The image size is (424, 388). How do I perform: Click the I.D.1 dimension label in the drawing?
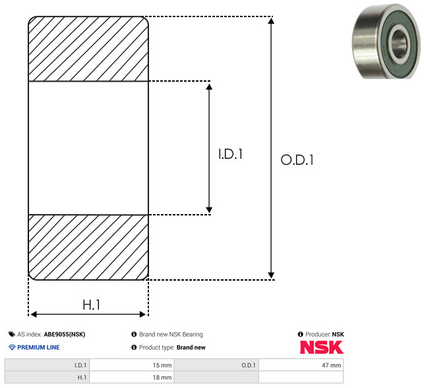[230, 154]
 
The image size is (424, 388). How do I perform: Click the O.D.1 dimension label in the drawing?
[297, 159]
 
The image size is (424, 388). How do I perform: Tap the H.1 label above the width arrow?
[92, 305]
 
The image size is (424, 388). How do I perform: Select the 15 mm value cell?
[132, 365]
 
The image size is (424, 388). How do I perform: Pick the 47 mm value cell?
[301, 365]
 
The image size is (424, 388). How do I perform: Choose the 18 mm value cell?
[132, 377]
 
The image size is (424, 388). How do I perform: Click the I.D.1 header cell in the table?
[47, 365]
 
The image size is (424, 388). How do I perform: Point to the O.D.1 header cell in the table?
[216, 365]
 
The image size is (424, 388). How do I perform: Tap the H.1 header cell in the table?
[47, 377]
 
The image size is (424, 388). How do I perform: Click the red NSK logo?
[322, 347]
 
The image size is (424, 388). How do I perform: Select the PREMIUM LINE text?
[38, 347]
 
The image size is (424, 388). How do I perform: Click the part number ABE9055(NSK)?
[65, 335]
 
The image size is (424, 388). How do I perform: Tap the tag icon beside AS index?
[12, 334]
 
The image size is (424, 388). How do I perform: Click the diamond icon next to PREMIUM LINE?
[12, 347]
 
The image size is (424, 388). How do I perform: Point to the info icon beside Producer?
[301, 334]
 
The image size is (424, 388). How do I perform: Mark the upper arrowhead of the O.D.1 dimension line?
[271, 20]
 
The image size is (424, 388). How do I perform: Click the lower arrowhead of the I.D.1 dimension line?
[209, 210]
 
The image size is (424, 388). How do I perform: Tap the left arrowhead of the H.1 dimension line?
[34, 314]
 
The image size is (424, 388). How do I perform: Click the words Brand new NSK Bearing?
[171, 334]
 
